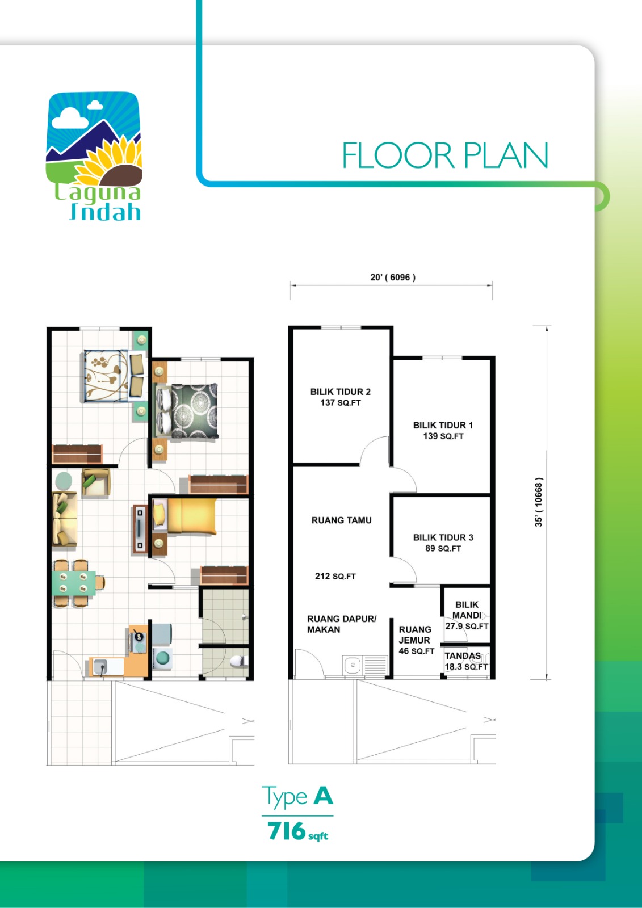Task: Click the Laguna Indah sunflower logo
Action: point(94,156)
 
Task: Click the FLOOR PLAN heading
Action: point(445,155)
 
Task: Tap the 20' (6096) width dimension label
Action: point(393,278)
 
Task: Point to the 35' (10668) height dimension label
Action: point(539,502)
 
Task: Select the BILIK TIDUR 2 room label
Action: point(340,392)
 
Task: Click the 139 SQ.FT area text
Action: point(443,436)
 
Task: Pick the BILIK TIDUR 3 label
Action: point(443,537)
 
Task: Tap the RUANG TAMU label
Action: point(342,520)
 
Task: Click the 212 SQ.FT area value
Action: point(335,576)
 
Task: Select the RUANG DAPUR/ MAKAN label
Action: point(342,624)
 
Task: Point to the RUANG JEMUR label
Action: point(415,635)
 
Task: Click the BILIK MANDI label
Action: point(467,609)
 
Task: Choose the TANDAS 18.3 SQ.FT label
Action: point(466,661)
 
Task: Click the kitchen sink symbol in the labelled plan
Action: point(365,665)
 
